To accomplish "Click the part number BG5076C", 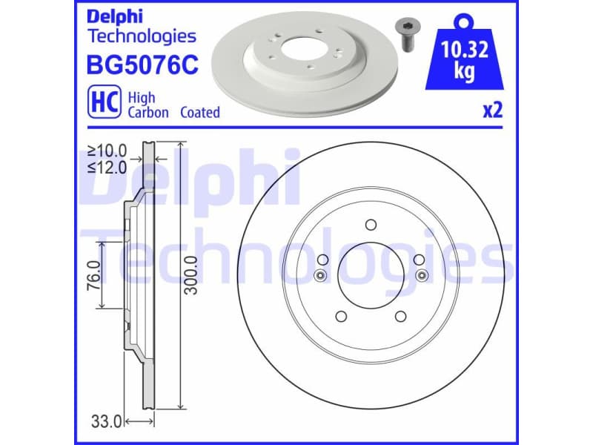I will (x=142, y=65).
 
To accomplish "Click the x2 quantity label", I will (x=492, y=111).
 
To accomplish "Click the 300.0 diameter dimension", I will (x=192, y=274).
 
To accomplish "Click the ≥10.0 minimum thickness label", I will (x=107, y=151).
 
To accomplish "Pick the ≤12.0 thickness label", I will (x=107, y=168).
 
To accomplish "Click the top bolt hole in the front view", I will (x=371, y=225).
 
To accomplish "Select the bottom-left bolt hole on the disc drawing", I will (x=341, y=317).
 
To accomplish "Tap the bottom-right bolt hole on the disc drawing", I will (x=401, y=317).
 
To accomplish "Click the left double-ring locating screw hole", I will (x=320, y=276).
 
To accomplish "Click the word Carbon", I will (x=148, y=113).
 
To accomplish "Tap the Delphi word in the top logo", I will (x=113, y=16).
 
